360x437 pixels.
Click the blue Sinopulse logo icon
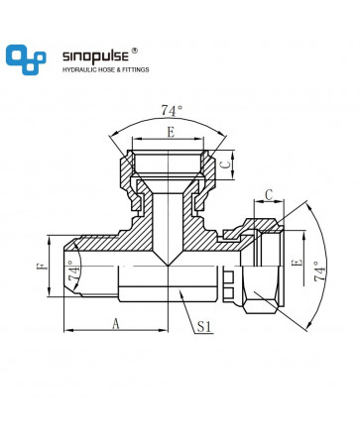click(x=26, y=59)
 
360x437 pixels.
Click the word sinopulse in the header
click(x=95, y=56)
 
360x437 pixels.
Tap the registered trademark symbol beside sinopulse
click(x=135, y=51)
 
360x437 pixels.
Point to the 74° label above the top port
click(x=172, y=110)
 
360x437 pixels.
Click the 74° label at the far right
click(x=319, y=272)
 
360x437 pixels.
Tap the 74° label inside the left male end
click(x=74, y=271)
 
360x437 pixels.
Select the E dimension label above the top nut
click(x=171, y=133)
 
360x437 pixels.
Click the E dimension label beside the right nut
click(x=298, y=263)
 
